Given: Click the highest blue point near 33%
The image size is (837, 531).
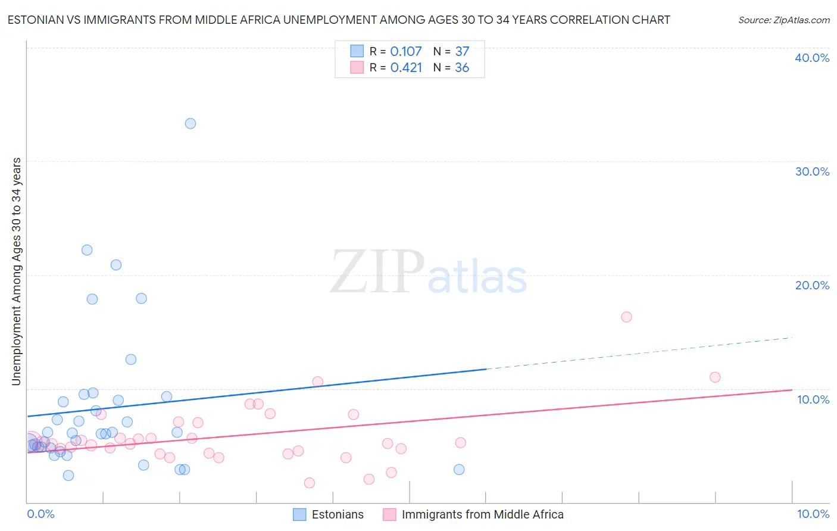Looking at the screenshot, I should pos(190,124).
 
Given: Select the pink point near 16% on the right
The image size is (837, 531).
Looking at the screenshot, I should pos(626,317).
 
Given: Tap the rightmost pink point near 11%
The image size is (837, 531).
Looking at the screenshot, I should pos(715,377).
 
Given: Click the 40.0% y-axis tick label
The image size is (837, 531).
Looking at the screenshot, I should pos(812,58).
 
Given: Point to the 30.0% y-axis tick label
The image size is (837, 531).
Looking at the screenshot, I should pos(812,171).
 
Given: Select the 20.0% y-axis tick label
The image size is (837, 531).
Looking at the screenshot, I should pos(812,285).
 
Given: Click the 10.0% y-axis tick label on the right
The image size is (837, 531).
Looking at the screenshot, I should pos(813,399).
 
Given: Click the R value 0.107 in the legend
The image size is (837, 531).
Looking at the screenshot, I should pos(406,52).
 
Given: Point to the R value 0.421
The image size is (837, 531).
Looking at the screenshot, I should pos(406,68).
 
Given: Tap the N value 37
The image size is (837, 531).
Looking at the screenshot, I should pos(462,52).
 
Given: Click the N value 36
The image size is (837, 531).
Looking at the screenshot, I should pos(462,68).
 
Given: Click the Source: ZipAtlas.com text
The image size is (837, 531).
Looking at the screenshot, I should pos(783,20).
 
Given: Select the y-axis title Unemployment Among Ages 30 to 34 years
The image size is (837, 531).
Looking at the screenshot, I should pos(17,271).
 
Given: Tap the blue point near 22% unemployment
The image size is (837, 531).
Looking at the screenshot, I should pos(87,250).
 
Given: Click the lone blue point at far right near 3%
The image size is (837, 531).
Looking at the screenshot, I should pos(459,470).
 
